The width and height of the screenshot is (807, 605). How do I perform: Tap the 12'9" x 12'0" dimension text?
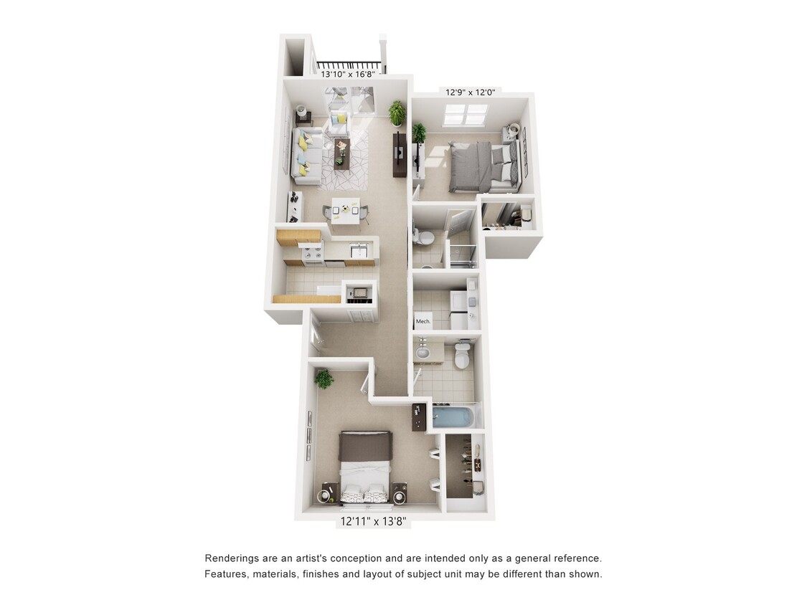click(x=470, y=92)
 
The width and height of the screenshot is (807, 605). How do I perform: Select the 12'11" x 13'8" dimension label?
click(x=374, y=523)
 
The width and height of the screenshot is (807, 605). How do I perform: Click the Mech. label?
click(x=423, y=321)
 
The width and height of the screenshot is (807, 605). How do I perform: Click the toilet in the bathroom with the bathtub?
click(x=462, y=355)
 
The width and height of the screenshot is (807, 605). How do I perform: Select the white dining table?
click(x=346, y=209)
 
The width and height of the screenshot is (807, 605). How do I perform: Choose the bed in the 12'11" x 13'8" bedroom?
click(x=366, y=467)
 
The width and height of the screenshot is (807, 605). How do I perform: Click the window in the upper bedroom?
click(x=466, y=114)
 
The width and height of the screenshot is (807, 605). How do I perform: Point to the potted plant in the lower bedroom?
click(x=324, y=378)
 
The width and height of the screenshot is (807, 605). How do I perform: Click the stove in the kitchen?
click(x=311, y=252)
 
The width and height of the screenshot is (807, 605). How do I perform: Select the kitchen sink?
click(x=357, y=250)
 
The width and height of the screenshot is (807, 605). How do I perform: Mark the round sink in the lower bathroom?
click(x=423, y=353)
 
